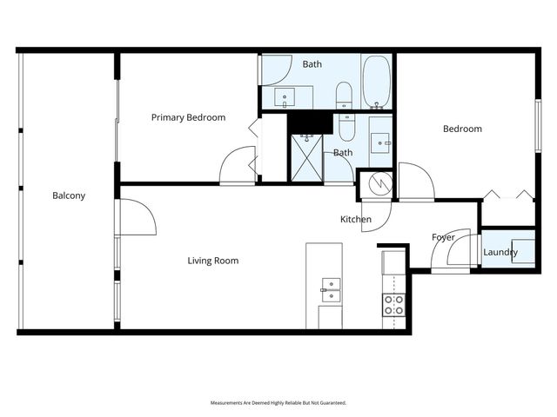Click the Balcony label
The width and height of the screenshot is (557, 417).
point(69,195)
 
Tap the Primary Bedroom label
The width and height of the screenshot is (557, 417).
point(188,117)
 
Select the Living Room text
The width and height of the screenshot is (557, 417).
point(213,261)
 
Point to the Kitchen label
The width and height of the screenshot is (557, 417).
point(355,219)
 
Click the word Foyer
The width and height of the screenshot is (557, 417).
point(443,237)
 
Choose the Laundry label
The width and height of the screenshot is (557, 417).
point(500,253)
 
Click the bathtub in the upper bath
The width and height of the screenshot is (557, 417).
point(377,82)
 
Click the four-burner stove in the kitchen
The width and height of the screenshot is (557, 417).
point(393,304)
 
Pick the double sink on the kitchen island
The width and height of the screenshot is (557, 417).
point(331,289)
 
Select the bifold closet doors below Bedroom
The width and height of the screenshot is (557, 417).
point(507,195)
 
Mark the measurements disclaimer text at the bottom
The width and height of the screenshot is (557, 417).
point(278,403)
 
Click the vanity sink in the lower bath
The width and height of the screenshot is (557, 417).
point(379,141)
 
